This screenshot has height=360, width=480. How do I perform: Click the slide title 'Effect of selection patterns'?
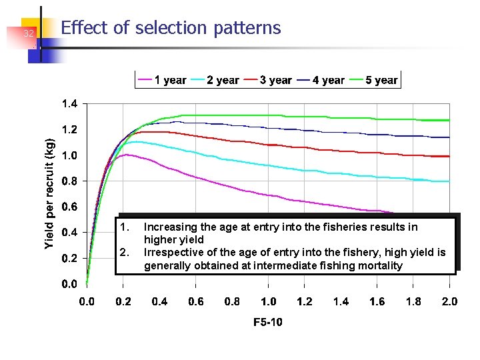click(171, 28)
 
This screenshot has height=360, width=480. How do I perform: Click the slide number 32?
click(28, 33)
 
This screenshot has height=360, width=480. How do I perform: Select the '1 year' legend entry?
click(162, 80)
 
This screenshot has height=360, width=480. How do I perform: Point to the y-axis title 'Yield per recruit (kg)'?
click(50, 194)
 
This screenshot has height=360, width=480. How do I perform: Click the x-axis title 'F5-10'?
click(268, 323)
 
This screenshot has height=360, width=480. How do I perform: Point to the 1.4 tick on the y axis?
click(69, 104)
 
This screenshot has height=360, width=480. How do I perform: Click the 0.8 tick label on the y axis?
click(69, 181)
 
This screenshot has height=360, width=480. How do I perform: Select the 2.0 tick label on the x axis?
click(449, 301)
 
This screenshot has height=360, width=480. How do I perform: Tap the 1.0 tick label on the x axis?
click(268, 301)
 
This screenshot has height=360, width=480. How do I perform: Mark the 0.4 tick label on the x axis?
click(159, 301)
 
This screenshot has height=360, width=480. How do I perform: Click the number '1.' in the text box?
click(123, 227)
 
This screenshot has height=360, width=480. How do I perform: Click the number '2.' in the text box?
click(123, 253)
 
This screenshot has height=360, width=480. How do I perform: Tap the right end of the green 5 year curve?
click(449, 120)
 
